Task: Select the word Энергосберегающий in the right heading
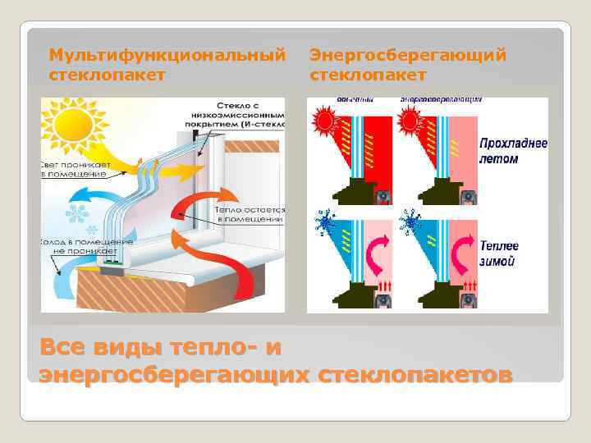click(x=408, y=55)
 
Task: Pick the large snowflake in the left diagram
click(x=78, y=215)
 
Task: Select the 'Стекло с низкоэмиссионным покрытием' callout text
click(x=250, y=116)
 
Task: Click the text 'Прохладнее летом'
click(x=513, y=150)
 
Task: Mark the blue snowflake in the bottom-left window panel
click(x=324, y=223)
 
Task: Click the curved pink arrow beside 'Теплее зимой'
click(x=464, y=250)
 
